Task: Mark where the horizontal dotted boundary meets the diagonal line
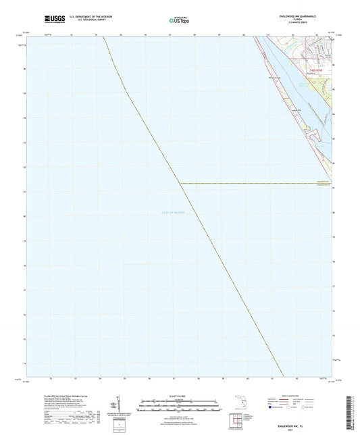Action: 179,182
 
